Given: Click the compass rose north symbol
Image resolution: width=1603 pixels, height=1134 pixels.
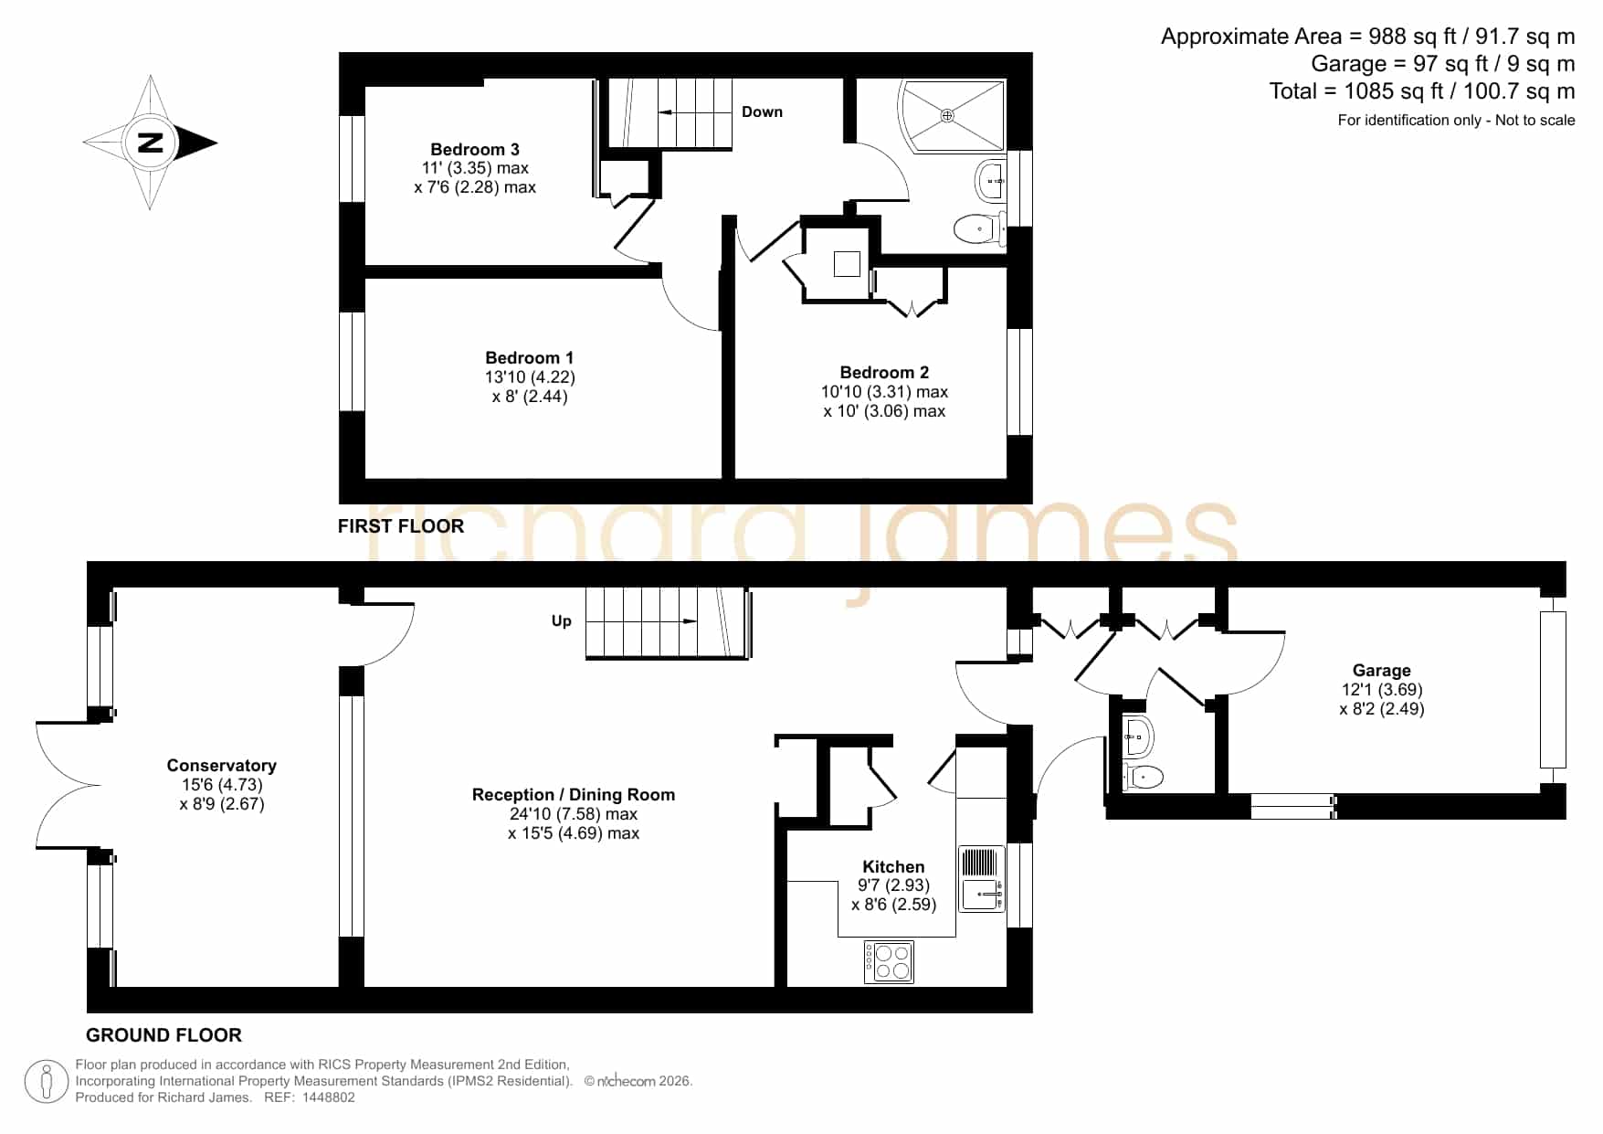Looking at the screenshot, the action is pyautogui.click(x=151, y=143).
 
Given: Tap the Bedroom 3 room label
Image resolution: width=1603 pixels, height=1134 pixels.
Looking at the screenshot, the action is pyautogui.click(x=475, y=149).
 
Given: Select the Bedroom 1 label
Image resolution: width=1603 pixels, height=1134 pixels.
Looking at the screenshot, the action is pyautogui.click(x=530, y=357).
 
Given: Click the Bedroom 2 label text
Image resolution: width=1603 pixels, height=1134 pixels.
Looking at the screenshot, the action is pyautogui.click(x=884, y=372).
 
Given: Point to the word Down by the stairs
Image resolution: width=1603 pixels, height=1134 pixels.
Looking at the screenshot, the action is pyautogui.click(x=762, y=111).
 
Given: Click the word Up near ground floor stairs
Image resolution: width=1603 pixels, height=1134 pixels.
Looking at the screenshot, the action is pyautogui.click(x=561, y=620).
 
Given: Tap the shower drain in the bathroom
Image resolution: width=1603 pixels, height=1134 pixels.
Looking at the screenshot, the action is pyautogui.click(x=947, y=115).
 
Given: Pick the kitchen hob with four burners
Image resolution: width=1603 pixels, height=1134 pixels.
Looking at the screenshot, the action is pyautogui.click(x=889, y=962).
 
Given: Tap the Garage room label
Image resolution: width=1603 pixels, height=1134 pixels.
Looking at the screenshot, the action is pyautogui.click(x=1381, y=670).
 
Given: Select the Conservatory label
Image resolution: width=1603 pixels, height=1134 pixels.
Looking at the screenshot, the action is pyautogui.click(x=221, y=765).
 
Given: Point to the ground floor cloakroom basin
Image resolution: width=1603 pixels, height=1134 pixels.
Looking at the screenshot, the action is pyautogui.click(x=1137, y=736).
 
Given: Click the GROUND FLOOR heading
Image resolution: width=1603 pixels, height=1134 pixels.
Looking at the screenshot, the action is pyautogui.click(x=163, y=1034).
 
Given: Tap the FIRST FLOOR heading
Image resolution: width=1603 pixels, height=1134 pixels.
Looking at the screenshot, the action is pyautogui.click(x=401, y=525).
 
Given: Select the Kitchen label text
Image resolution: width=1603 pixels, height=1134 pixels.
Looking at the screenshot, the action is pyautogui.click(x=893, y=866).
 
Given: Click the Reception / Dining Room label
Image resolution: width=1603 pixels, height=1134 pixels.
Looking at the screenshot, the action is pyautogui.click(x=574, y=794).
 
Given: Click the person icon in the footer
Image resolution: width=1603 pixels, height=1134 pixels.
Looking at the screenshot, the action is pyautogui.click(x=46, y=1082).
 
